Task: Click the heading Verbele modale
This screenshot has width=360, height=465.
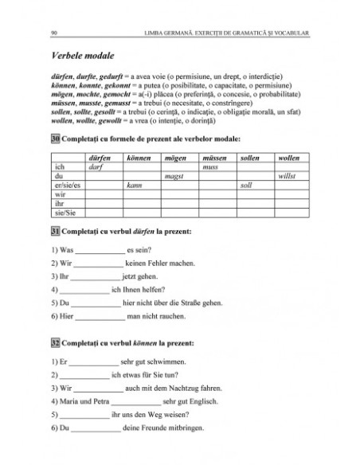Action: click(x=83, y=57)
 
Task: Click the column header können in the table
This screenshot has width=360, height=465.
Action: click(x=139, y=158)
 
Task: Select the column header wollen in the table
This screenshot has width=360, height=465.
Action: click(x=288, y=158)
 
